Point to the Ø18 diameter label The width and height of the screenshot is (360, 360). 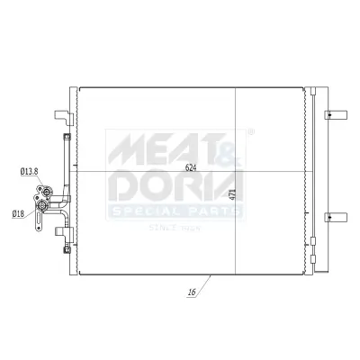[x=19, y=213]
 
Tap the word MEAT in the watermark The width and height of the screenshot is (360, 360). [x=148, y=147]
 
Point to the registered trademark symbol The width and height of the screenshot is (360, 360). [x=249, y=132]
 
